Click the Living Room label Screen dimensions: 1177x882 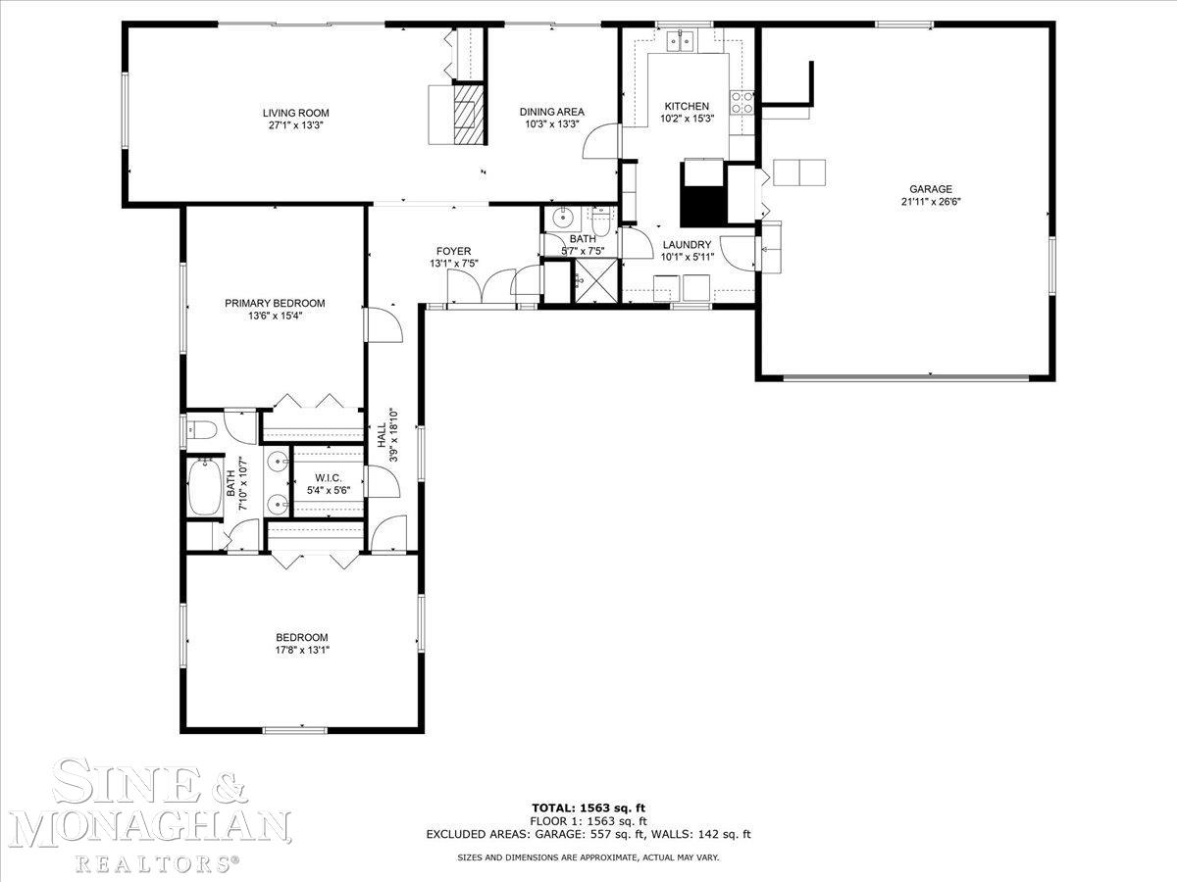click(x=295, y=113)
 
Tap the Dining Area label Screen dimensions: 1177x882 click(x=552, y=112)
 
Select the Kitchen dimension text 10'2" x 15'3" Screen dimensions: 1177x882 click(x=687, y=119)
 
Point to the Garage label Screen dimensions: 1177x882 click(x=931, y=189)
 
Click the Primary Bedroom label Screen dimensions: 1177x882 click(x=275, y=303)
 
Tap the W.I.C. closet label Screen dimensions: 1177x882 click(x=329, y=477)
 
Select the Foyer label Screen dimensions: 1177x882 click(x=454, y=251)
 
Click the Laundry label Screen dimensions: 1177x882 click(x=687, y=245)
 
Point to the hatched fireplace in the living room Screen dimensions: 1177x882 click(x=465, y=115)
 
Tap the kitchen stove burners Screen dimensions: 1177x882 click(x=742, y=103)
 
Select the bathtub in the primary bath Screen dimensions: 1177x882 click(x=206, y=488)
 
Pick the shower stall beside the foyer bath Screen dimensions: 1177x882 click(x=596, y=280)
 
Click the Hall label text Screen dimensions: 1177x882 click(x=382, y=435)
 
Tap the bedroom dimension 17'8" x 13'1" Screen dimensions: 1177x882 click(x=302, y=650)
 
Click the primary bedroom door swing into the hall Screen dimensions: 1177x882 click(x=384, y=324)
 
